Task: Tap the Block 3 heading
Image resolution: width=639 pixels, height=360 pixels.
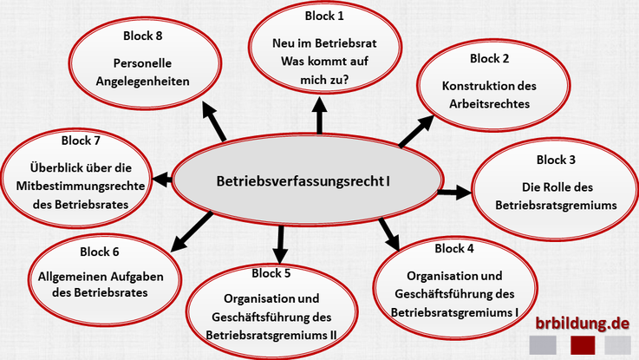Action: [x=556, y=160]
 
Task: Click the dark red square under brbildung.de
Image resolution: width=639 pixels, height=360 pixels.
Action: [x=583, y=345]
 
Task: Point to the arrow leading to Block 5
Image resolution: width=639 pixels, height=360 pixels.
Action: [x=280, y=244]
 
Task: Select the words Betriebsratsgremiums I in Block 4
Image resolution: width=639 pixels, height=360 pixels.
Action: [x=454, y=311]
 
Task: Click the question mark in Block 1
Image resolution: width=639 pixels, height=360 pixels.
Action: [x=345, y=80]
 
